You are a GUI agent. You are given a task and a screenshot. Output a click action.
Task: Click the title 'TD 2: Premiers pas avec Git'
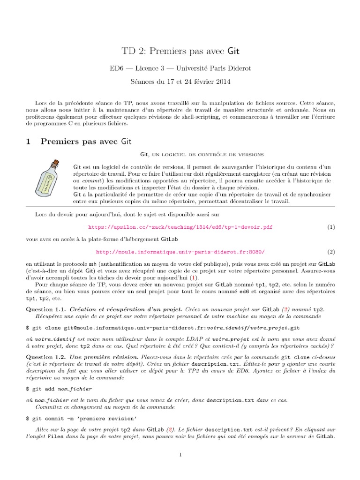point(180,51)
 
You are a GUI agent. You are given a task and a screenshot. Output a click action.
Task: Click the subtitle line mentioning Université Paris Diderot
point(180,68)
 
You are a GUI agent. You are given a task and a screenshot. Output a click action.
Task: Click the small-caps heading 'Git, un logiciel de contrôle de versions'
point(202,154)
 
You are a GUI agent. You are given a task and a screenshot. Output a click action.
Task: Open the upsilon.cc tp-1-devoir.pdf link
point(180,227)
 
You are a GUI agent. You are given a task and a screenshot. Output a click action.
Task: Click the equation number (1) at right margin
point(331,227)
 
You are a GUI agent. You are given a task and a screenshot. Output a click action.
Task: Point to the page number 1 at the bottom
point(180,454)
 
